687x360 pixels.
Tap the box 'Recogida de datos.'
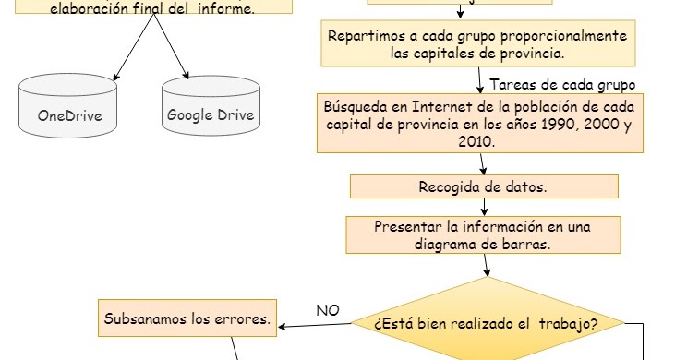[483, 186]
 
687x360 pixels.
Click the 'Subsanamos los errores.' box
[187, 319]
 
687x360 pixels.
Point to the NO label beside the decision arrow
[328, 310]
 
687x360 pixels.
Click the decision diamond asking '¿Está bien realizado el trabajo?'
[486, 323]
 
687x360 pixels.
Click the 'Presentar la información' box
[483, 235]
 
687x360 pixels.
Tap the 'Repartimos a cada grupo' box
[477, 44]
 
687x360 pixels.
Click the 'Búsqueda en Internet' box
[476, 124]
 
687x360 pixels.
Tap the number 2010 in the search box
[475, 142]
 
